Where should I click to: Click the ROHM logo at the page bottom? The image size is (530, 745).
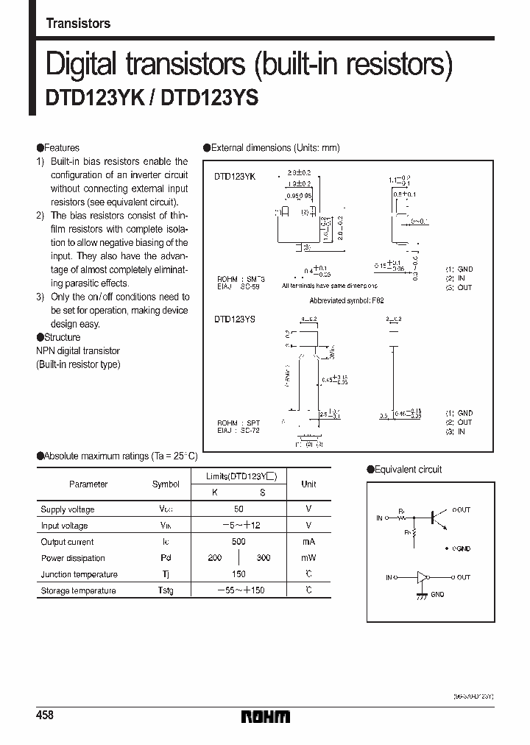pos(265,716)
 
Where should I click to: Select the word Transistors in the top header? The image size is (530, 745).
pos(78,24)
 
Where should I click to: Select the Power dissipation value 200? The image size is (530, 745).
pos(214,558)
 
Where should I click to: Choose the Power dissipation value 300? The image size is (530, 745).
pos(262,558)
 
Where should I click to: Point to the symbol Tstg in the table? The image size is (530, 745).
pos(165,590)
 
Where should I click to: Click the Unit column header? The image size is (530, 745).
pos(308,484)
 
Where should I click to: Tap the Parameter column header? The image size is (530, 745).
pos(88,484)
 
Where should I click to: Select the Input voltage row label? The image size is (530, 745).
pos(65,526)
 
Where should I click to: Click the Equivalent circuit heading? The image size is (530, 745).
pos(408,470)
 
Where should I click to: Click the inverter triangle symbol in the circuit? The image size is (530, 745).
pos(422,577)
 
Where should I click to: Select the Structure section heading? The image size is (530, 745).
pos(62,337)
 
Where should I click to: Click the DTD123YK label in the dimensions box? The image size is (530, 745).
pos(234,177)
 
